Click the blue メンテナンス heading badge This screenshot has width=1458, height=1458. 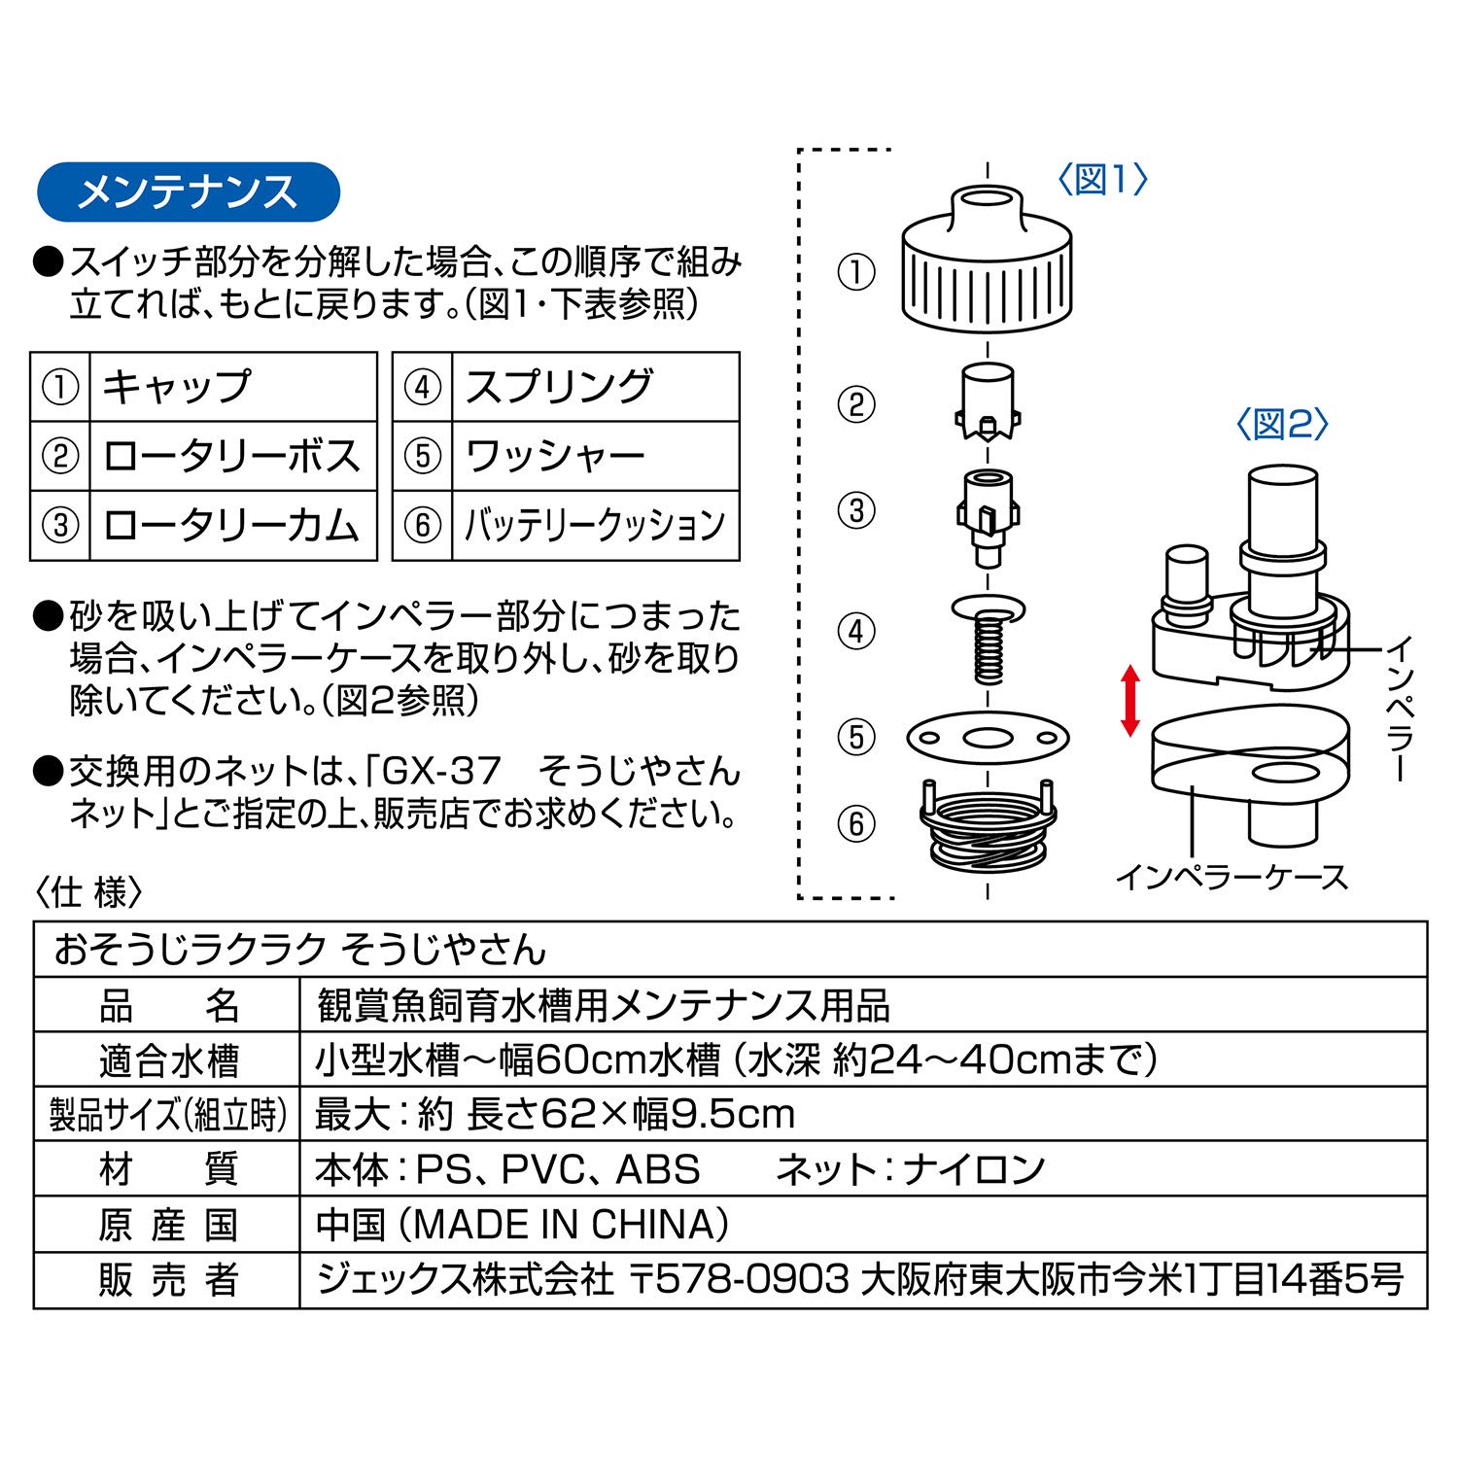click(188, 191)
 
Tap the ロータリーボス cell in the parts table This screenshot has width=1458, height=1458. click(231, 456)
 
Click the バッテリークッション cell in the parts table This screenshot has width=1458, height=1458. click(594, 526)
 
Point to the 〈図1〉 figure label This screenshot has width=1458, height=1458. click(1102, 179)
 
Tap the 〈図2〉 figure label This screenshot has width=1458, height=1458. click(1282, 424)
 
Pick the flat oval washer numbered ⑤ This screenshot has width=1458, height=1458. click(988, 737)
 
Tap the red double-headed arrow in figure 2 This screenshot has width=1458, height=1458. click(1129, 700)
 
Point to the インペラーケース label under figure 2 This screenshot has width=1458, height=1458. click(1232, 877)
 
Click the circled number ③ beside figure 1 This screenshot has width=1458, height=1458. click(856, 510)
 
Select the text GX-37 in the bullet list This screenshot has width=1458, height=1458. click(441, 772)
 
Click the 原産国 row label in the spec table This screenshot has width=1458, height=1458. click(167, 1225)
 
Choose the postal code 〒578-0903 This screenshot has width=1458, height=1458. click(740, 1280)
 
